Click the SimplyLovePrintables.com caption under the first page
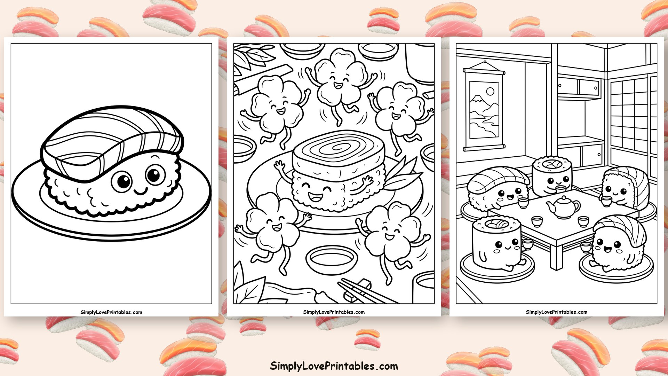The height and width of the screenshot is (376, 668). coord(111,312)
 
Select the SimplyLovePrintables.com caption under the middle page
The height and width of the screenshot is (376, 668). coord(334,312)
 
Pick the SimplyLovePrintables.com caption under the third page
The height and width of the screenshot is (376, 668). coord(557,312)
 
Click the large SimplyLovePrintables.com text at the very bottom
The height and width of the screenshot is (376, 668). coord(334,366)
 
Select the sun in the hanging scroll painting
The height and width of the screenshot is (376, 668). coord(490,92)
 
